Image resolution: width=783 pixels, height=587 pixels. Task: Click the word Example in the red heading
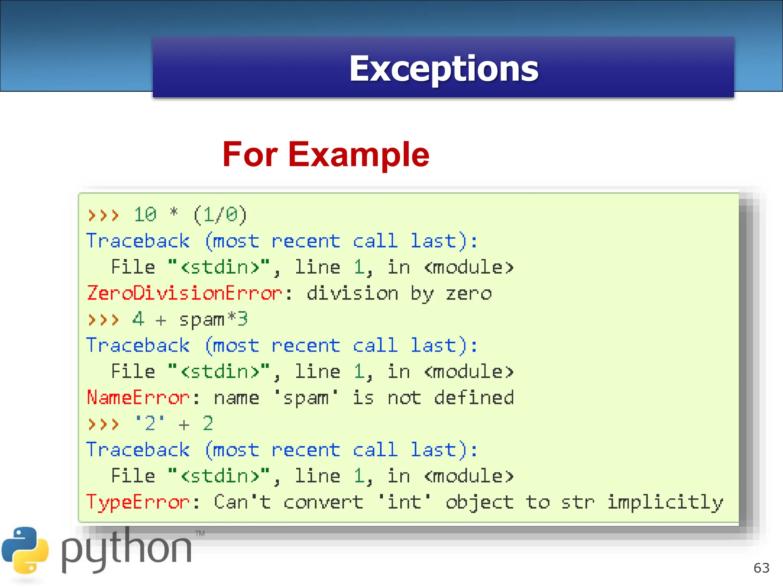point(359,155)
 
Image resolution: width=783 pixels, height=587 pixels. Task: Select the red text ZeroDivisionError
point(185,293)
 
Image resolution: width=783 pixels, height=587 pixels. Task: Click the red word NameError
point(138,398)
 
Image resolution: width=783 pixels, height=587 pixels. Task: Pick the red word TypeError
point(138,502)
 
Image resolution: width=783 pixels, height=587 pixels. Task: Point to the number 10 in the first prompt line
point(145,215)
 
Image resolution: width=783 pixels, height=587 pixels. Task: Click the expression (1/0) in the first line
point(220,215)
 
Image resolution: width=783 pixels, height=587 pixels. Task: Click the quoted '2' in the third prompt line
point(150,424)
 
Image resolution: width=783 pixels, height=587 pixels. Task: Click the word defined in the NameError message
point(474,398)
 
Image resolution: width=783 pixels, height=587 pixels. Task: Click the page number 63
point(761,568)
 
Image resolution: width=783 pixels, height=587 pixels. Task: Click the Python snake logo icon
point(25,550)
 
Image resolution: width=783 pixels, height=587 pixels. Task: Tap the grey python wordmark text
point(126,550)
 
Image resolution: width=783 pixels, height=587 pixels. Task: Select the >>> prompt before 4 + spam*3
point(103,319)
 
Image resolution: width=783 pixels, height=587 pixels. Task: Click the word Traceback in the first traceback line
point(138,241)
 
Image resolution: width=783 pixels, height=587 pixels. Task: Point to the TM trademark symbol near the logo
point(200,533)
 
